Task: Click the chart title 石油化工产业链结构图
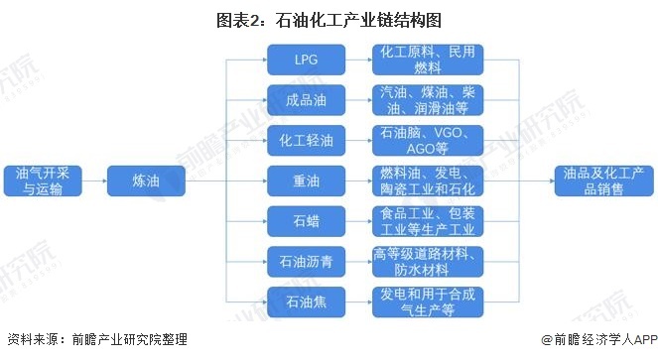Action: pos(329,19)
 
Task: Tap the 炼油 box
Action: pos(146,180)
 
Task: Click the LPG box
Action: pos(307,60)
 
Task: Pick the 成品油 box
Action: pos(307,100)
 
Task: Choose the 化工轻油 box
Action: pos(307,140)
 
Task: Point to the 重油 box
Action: pos(307,180)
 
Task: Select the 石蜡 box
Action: pos(307,219)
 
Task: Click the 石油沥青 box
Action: pos(307,259)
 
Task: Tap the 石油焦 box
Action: pos(307,299)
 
